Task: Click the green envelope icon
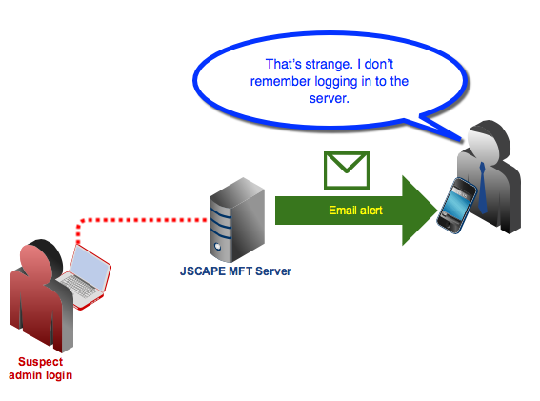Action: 347,170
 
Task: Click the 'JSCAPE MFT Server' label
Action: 235,271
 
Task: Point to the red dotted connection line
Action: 143,221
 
